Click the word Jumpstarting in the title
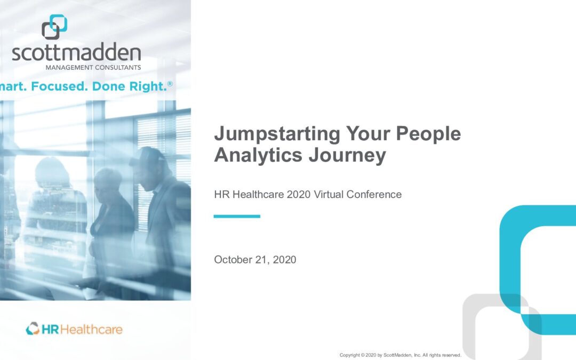pos(277,134)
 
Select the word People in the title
pos(428,133)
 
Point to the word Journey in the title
pos(348,155)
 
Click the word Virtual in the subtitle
pos(329,194)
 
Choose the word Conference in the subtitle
pos(374,194)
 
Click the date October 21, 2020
pos(255,260)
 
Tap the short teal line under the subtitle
pos(237,217)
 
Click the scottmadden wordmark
pos(76,52)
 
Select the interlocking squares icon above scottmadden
pos(54,27)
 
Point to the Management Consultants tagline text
pos(93,68)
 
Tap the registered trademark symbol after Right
pos(170,84)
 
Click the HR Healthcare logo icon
pos(33,329)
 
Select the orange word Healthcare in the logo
pos(92,330)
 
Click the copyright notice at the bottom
pos(401,355)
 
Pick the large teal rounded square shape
pos(510,257)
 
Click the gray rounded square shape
pos(469,323)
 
